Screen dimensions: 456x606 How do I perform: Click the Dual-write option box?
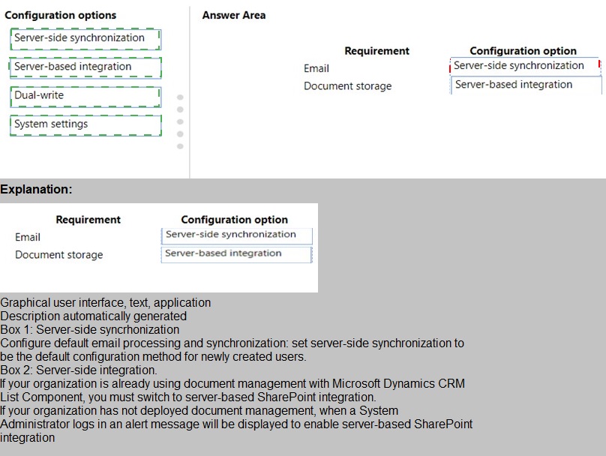click(85, 96)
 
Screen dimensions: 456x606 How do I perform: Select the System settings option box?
click(85, 124)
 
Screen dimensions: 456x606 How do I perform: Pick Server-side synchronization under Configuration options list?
click(85, 38)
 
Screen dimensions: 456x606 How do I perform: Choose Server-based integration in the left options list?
click(85, 67)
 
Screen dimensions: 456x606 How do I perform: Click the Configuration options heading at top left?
click(61, 15)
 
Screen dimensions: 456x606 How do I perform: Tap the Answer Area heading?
click(234, 15)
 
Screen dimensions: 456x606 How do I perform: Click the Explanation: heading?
click(36, 190)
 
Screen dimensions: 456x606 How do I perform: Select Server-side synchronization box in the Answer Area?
click(524, 66)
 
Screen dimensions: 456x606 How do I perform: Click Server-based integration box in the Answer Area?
click(524, 85)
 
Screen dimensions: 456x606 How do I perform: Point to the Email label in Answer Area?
click(316, 68)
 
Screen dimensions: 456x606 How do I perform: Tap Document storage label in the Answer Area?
click(347, 86)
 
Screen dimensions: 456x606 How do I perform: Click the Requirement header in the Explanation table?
click(88, 220)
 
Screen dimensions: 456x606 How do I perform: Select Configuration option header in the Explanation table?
click(234, 220)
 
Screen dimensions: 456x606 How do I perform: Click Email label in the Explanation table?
click(28, 237)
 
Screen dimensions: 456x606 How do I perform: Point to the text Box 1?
click(16, 329)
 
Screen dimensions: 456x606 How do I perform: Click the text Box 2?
click(16, 370)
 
